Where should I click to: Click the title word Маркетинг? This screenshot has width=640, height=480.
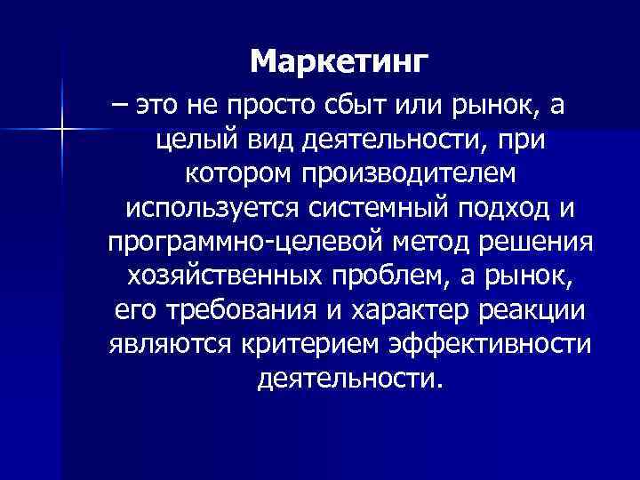(339, 62)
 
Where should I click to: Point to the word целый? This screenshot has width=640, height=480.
(181, 140)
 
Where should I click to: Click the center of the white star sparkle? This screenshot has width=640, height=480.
(62, 131)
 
